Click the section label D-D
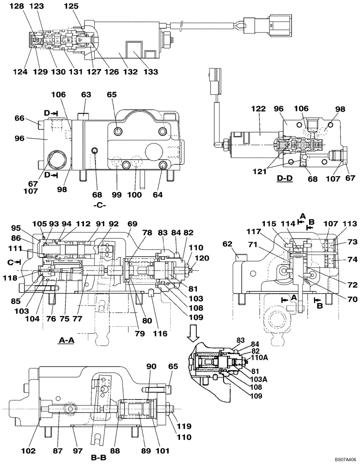coord(284,178)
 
